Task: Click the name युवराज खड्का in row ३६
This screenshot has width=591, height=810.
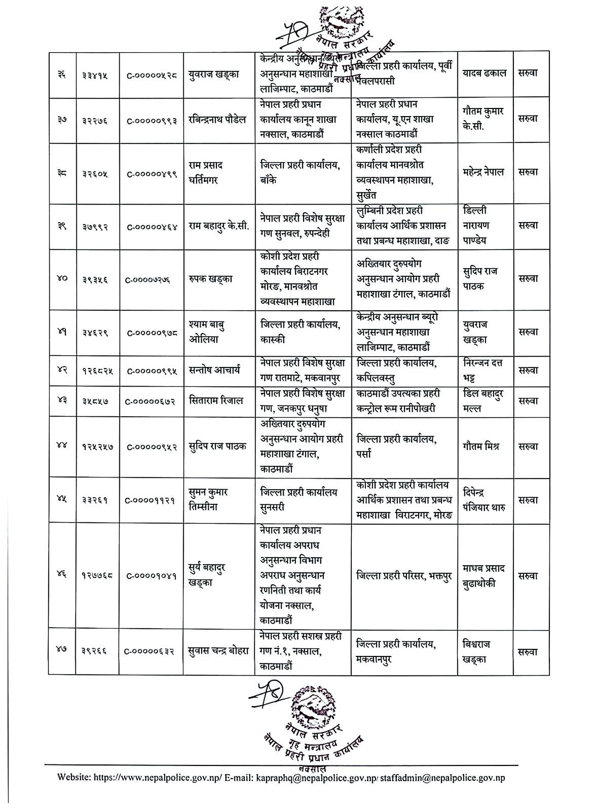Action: point(213,74)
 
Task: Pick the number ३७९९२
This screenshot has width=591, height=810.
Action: point(95,226)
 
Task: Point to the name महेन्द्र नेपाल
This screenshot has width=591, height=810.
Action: point(483,172)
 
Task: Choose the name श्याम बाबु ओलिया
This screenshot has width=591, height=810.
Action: point(207,332)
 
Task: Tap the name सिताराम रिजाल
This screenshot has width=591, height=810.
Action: point(215,401)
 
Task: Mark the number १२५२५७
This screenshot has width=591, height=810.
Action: point(97,447)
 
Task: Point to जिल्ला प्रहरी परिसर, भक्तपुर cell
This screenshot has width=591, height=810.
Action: point(404,576)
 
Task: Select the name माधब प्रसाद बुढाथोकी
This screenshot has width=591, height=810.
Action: point(483,576)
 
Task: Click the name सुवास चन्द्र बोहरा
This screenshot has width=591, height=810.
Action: point(218,651)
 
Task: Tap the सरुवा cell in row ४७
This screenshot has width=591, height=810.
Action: point(528,652)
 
